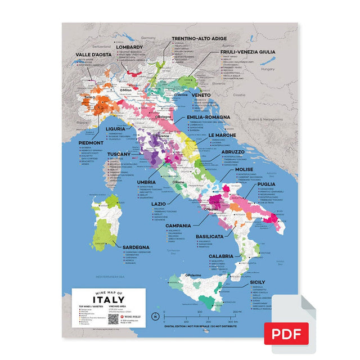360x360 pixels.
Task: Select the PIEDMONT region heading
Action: tap(91, 143)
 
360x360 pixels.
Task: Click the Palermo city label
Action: tap(192, 275)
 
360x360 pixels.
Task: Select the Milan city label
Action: tap(126, 89)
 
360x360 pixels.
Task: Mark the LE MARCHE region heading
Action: tap(220, 136)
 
